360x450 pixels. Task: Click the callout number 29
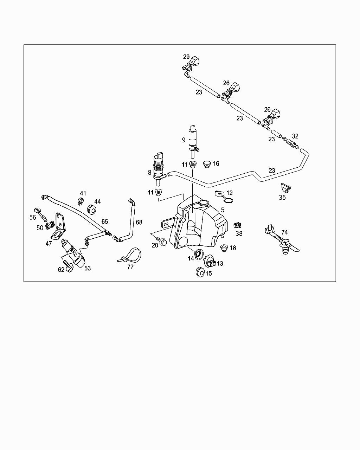[186, 57]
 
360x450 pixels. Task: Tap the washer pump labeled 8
[159, 167]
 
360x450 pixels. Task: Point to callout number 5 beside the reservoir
[222, 210]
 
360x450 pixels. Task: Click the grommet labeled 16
[207, 164]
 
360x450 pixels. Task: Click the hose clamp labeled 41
[80, 201]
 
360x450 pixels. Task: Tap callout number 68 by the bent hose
[139, 222]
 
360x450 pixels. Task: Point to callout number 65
[105, 222]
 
